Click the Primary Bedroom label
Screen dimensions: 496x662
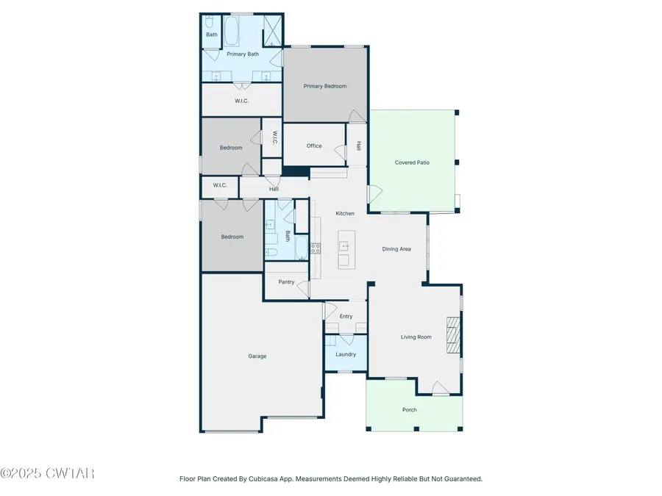click(325, 86)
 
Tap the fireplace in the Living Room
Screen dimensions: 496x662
click(453, 337)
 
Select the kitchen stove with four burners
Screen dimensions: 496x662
click(316, 248)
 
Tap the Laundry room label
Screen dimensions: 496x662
click(346, 354)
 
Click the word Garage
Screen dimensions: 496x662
click(257, 356)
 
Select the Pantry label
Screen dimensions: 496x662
click(286, 282)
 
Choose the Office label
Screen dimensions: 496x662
click(314, 145)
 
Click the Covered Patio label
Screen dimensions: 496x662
click(412, 162)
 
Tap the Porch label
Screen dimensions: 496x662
click(410, 410)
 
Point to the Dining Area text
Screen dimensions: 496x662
click(396, 249)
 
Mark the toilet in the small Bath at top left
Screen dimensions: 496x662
click(210, 22)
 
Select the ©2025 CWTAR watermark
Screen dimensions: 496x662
click(48, 474)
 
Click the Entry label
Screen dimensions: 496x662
click(346, 317)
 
